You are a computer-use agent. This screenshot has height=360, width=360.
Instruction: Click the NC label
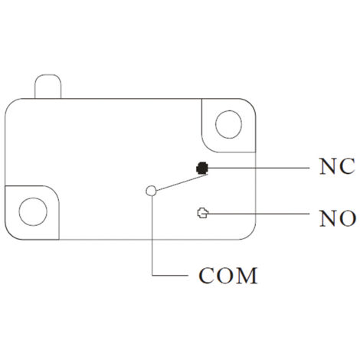pos(337,166)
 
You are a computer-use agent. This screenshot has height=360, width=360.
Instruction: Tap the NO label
pos(338,218)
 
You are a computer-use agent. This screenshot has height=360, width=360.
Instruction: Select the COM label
pos(228,276)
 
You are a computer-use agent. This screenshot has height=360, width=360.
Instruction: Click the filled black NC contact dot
pos(202,168)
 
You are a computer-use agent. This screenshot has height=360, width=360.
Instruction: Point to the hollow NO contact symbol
pos(203,213)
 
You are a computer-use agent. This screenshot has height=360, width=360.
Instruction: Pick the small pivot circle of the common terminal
pos(151,191)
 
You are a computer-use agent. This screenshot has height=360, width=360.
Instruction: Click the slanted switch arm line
pos(182,182)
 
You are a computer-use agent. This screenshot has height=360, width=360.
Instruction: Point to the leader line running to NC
pos(259,168)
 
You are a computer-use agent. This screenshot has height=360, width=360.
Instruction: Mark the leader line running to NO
pos(259,213)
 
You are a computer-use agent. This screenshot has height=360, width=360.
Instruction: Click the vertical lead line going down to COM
pos(152,235)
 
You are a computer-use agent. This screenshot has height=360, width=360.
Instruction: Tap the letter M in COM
pos(246,276)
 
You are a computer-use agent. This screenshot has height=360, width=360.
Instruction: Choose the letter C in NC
pos(347,166)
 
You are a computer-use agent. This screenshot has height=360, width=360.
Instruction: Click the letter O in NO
pos(347,218)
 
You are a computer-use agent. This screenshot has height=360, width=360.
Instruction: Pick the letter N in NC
pos(328,166)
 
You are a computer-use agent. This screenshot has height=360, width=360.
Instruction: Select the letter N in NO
pos(329,218)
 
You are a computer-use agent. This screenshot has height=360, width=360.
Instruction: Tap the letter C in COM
pos(206,276)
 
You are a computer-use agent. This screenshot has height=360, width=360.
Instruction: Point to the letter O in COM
pos(224,276)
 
